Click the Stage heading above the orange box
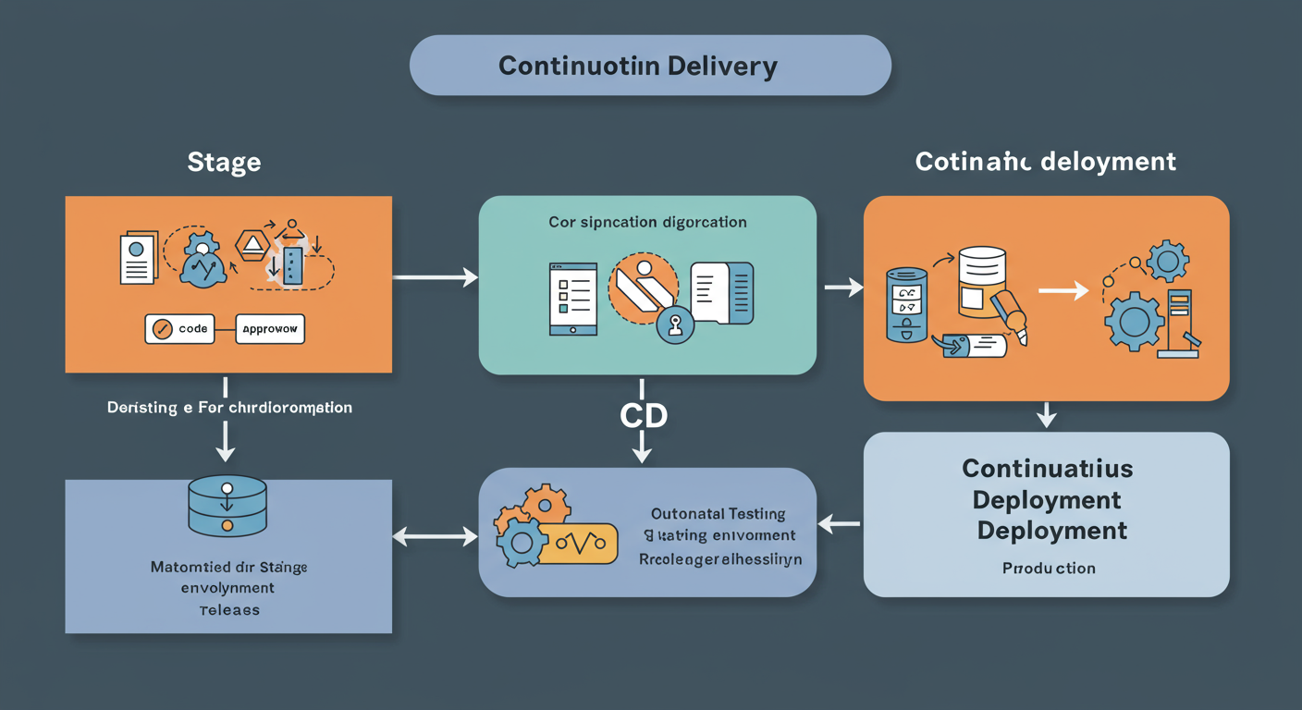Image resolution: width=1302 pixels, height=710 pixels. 224,163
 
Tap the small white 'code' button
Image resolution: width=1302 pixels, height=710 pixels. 179,329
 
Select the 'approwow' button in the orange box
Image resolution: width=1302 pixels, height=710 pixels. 270,329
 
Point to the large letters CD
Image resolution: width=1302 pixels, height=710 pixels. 643,416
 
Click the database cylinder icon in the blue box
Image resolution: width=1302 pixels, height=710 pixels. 227,506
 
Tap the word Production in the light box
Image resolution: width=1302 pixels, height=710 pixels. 1049,568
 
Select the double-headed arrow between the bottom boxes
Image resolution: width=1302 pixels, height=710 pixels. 435,536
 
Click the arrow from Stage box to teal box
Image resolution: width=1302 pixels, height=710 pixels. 435,276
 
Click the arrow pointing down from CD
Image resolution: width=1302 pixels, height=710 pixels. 642,450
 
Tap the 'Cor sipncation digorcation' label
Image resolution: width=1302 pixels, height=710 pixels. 647,223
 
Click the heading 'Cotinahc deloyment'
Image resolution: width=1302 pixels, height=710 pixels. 1045,163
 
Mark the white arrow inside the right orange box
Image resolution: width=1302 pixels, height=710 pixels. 1062,291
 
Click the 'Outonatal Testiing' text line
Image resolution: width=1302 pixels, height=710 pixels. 718,514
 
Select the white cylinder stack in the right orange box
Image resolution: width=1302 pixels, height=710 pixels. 982,277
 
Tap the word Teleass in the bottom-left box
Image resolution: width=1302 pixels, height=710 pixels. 228,610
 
